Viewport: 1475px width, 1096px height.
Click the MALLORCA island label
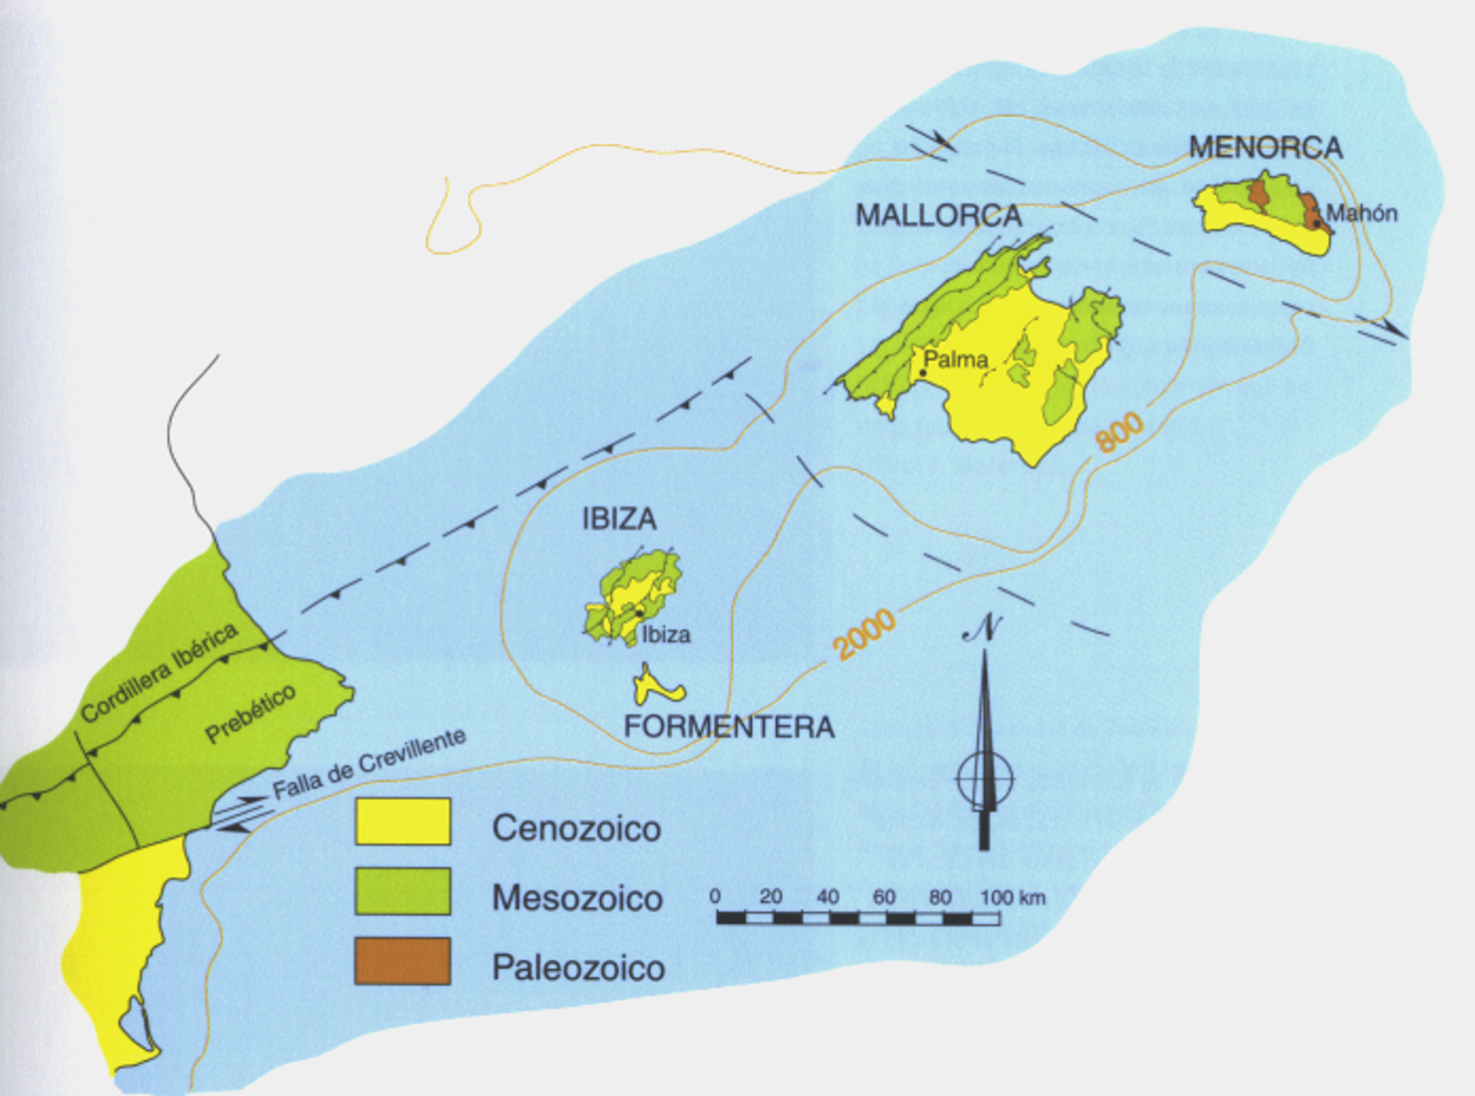939,216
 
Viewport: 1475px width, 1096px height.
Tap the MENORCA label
1265,148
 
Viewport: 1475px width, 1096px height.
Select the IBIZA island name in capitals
619,519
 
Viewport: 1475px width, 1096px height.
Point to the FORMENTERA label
729,726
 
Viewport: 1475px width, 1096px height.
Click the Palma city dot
923,374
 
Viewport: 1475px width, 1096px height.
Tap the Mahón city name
1361,213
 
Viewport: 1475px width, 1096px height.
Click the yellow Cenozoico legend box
402,821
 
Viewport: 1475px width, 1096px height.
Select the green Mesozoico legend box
402,891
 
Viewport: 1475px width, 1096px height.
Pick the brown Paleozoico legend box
402,961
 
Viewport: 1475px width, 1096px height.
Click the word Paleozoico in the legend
578,967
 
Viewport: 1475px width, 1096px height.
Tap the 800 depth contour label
1119,432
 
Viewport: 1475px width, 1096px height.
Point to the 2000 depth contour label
865,633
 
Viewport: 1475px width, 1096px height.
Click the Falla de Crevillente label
369,763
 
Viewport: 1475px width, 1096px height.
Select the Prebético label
250,713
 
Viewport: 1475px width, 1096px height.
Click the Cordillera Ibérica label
160,671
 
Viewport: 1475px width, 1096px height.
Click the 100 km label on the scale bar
1013,897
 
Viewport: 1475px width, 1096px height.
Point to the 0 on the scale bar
715,896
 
